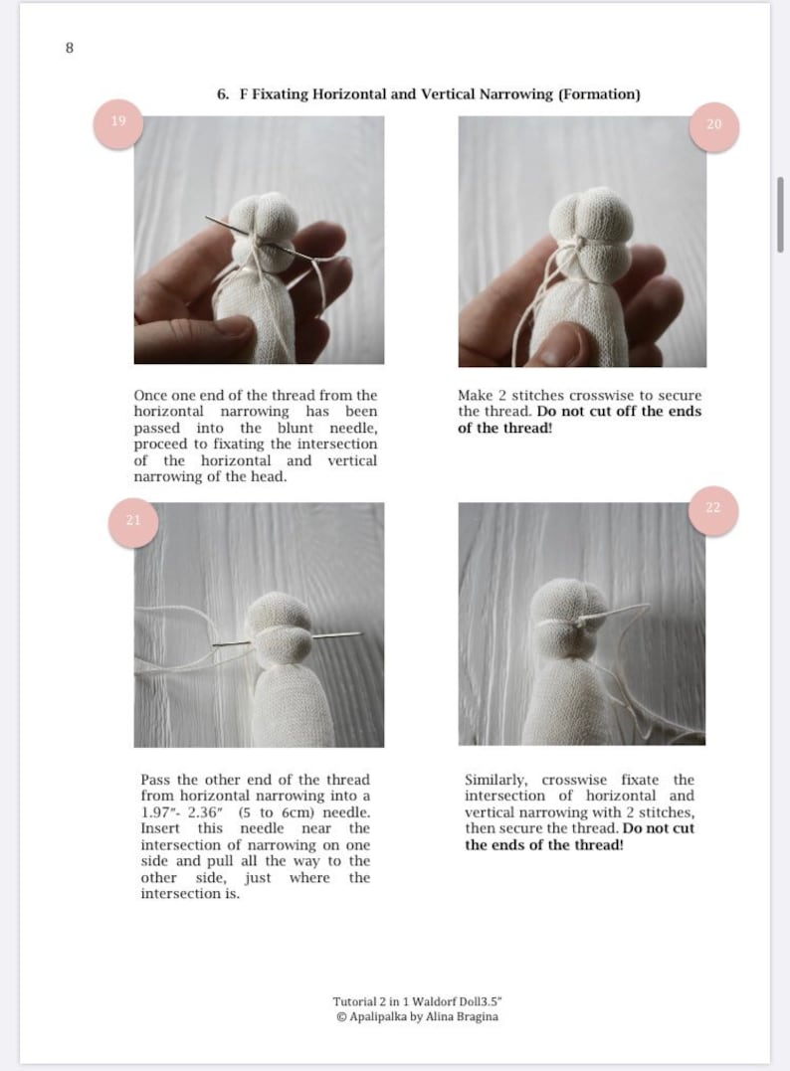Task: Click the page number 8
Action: click(x=69, y=47)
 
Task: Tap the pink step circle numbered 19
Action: click(x=118, y=122)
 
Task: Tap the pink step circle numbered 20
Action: click(x=713, y=125)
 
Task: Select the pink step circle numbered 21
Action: click(x=133, y=520)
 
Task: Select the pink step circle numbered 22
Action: click(x=712, y=508)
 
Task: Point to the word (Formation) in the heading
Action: click(x=599, y=94)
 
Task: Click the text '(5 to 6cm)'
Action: click(x=274, y=812)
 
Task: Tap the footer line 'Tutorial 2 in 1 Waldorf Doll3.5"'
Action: click(x=424, y=1000)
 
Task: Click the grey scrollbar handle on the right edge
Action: click(x=779, y=214)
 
